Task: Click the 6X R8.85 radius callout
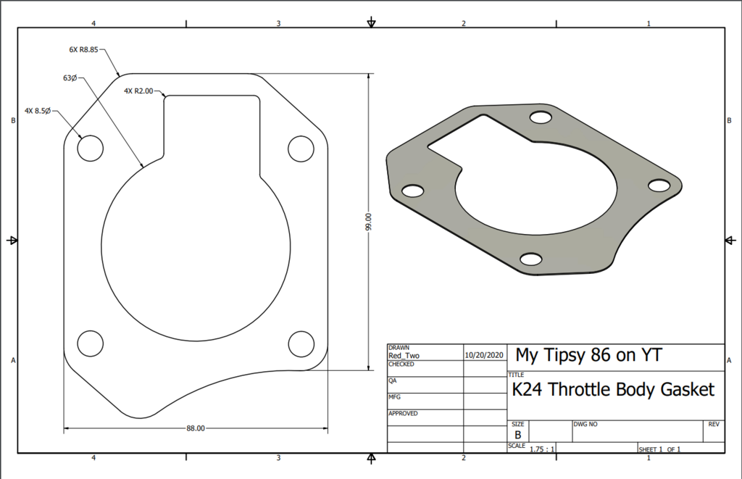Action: point(83,50)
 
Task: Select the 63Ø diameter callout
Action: point(70,78)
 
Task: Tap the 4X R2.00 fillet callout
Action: point(138,91)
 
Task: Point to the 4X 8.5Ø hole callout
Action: point(37,111)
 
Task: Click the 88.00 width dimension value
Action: point(196,428)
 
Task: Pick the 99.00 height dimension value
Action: point(369,222)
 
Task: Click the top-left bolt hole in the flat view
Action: point(91,148)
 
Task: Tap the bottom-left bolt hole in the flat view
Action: point(91,342)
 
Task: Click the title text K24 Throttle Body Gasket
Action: point(613,390)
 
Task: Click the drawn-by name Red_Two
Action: point(404,356)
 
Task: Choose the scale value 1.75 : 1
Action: point(542,449)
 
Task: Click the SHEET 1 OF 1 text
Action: point(659,449)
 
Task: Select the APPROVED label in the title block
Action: point(403,413)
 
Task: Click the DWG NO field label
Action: point(585,422)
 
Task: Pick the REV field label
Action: point(713,422)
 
